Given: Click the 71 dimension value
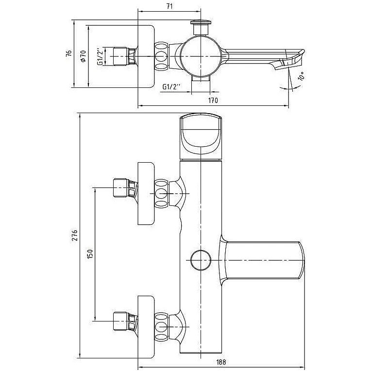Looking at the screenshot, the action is tap(169, 6).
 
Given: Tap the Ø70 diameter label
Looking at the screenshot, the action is tap(83, 56).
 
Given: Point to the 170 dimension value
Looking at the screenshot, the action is tap(213, 101).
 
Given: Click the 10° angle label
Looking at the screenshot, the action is tap(301, 76).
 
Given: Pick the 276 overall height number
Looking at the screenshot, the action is tap(75, 235).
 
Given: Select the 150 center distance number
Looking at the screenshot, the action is tap(90, 254).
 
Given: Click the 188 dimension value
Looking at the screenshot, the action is tap(221, 362).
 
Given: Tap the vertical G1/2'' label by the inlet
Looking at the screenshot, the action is tap(100, 56).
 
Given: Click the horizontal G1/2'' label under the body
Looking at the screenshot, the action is tap(171, 87).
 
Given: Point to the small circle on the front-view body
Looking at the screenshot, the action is tap(201, 260).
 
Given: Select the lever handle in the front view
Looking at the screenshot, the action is tap(262, 260).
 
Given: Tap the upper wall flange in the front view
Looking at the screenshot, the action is tap(146, 194).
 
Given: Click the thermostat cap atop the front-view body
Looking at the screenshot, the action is tap(201, 136).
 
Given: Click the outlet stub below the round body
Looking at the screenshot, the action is tap(201, 79).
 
